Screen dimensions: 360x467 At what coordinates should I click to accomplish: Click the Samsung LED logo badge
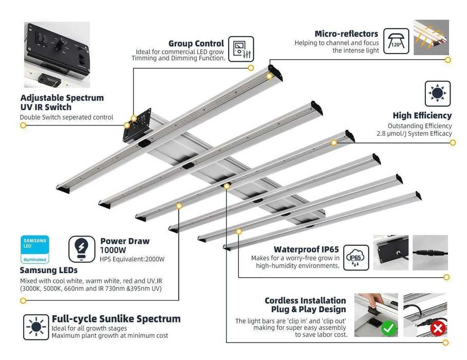(35, 249)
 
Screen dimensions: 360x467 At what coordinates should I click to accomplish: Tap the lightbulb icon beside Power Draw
(82, 249)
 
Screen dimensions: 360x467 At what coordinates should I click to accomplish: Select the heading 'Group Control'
(196, 44)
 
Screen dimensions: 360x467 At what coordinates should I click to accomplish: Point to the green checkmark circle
(388, 327)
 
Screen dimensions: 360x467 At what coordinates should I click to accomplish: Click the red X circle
(438, 328)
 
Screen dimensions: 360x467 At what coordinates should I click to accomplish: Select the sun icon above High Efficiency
(437, 93)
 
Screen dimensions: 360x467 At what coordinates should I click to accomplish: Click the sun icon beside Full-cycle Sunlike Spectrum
(36, 326)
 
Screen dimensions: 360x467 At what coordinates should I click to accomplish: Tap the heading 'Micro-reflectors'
(346, 34)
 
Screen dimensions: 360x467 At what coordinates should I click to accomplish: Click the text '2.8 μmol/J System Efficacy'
(414, 134)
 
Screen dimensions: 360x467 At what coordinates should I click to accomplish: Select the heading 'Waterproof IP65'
(306, 249)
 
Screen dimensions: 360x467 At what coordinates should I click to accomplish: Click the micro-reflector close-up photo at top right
(431, 38)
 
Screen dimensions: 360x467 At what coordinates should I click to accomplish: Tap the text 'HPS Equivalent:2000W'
(132, 259)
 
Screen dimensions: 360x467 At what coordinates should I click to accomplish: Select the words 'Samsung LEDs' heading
(49, 270)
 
